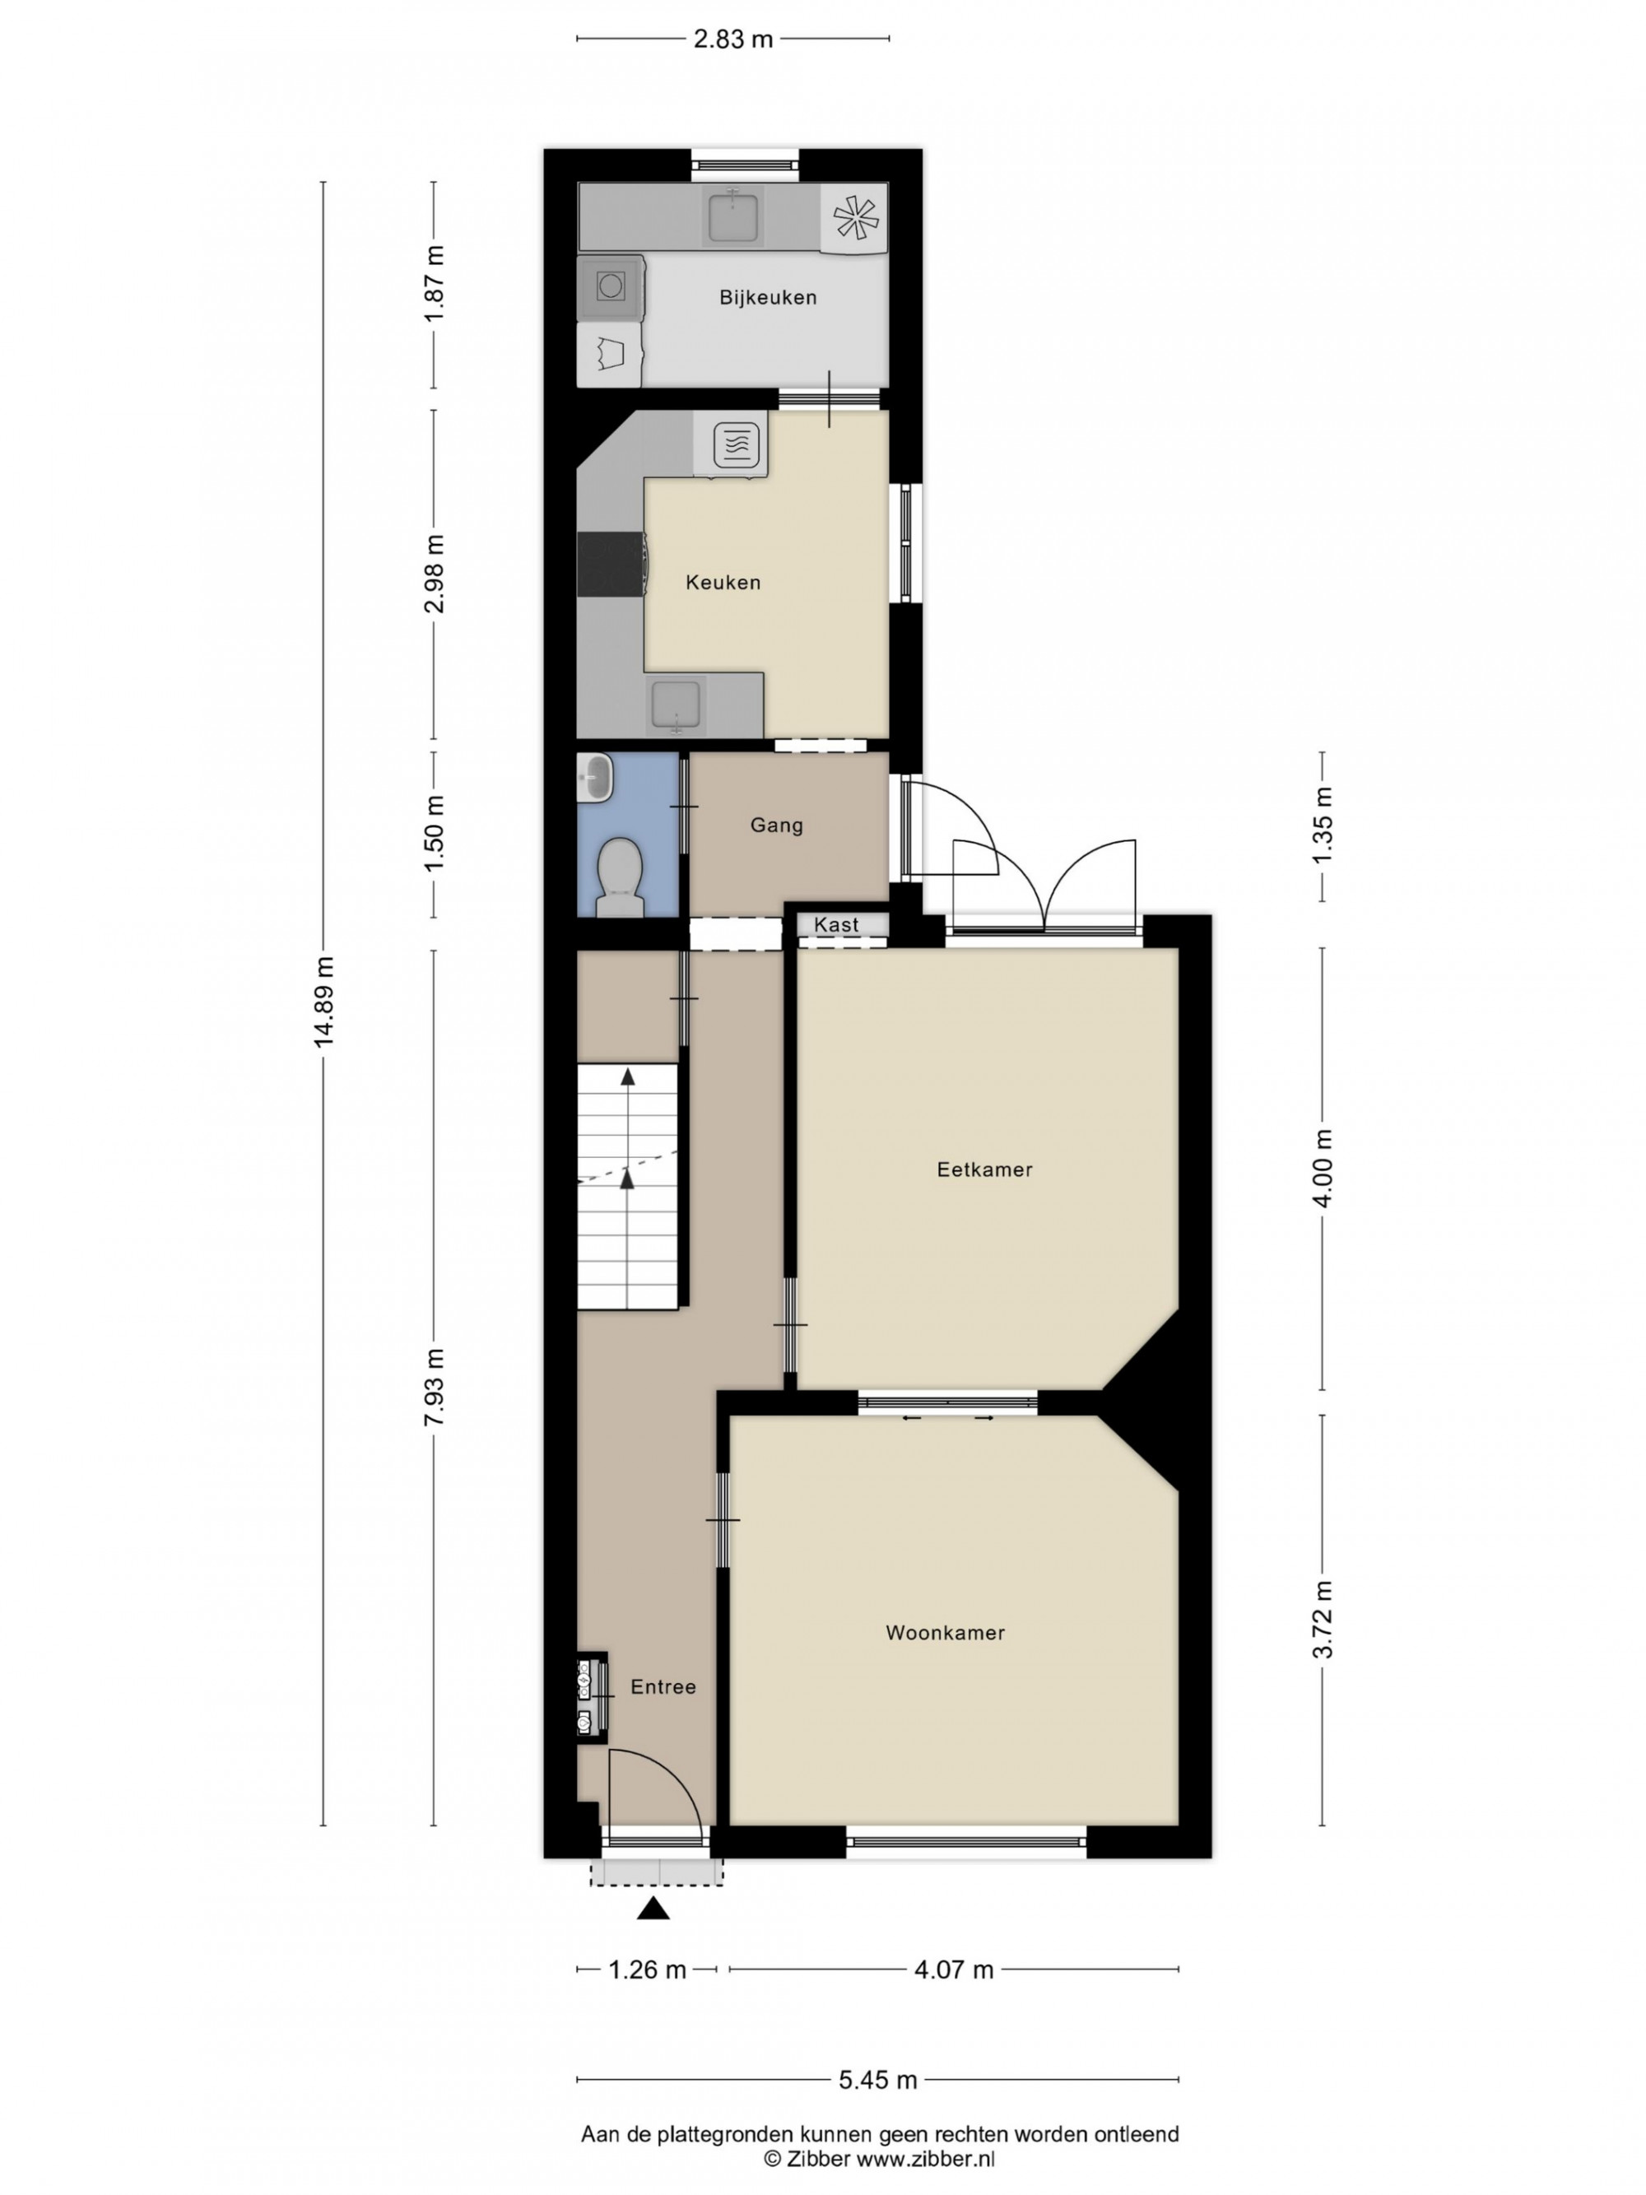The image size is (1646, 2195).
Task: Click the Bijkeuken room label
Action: (x=768, y=298)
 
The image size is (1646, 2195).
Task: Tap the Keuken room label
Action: (x=723, y=583)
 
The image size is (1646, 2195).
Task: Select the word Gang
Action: (x=777, y=825)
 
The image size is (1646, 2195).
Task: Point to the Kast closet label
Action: (x=836, y=925)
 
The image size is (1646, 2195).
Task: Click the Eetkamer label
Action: (x=985, y=1169)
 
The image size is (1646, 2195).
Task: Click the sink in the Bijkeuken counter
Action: (x=733, y=217)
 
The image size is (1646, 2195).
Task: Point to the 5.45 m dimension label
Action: (x=878, y=2080)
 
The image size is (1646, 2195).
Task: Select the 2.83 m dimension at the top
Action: (x=733, y=39)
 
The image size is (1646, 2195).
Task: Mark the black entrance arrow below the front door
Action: (x=653, y=1907)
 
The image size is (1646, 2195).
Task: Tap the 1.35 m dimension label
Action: (x=1323, y=825)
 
